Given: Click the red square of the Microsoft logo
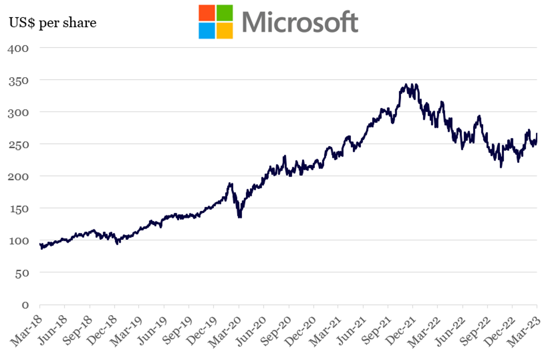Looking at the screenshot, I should tap(207, 13).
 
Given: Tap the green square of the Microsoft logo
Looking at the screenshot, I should tap(224, 13).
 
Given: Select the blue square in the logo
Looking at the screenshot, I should tap(207, 31).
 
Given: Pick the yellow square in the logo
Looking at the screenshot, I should tap(224, 31).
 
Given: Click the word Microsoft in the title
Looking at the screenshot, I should tap(300, 22).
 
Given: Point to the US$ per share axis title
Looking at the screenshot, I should tap(53, 22).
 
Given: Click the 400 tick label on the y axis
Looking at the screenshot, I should tap(18, 48).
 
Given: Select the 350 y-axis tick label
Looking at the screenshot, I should tap(18, 80).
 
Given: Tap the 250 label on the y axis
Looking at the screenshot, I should tap(18, 144).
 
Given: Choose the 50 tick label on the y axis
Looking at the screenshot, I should tap(22, 272).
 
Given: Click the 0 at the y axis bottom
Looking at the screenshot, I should tap(25, 305).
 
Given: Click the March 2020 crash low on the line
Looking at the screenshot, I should tap(240, 217).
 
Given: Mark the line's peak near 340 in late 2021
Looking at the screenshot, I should tap(407, 84).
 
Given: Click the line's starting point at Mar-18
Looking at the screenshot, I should tap(40, 244).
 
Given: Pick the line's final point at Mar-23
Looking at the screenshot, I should tap(537, 134).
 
